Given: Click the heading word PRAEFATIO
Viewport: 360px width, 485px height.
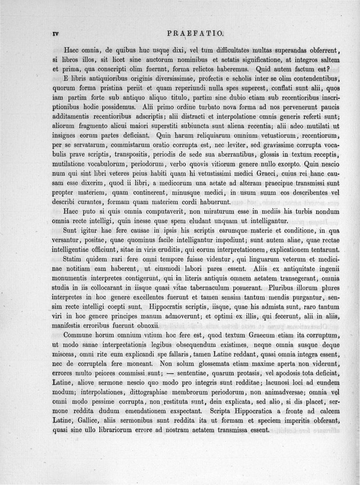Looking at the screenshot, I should (198, 33).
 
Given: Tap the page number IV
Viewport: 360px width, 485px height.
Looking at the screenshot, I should (56, 33).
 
